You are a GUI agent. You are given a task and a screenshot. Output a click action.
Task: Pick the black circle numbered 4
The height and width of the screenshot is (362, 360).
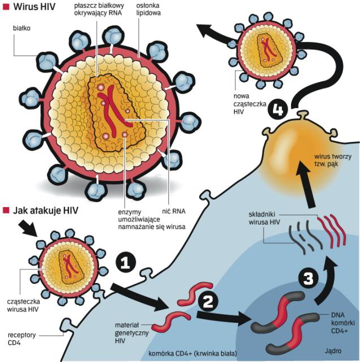click(279, 109)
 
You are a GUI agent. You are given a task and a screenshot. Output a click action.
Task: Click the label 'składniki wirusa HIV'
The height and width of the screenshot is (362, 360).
click(263, 218)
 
